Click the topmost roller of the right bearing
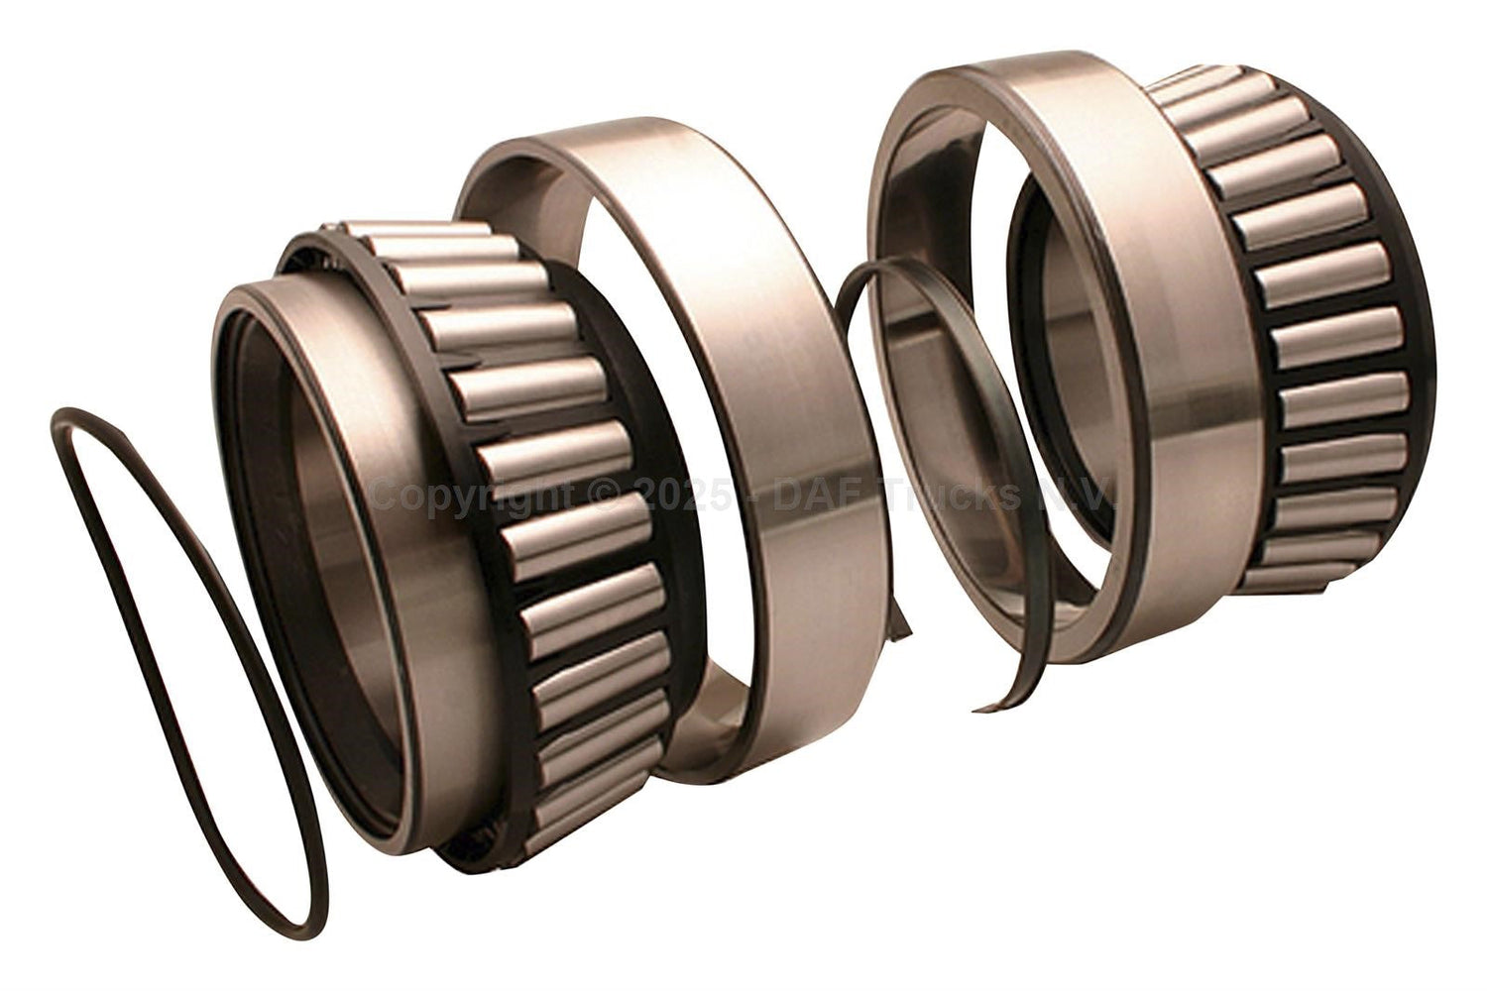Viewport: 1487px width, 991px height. tap(1185, 99)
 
